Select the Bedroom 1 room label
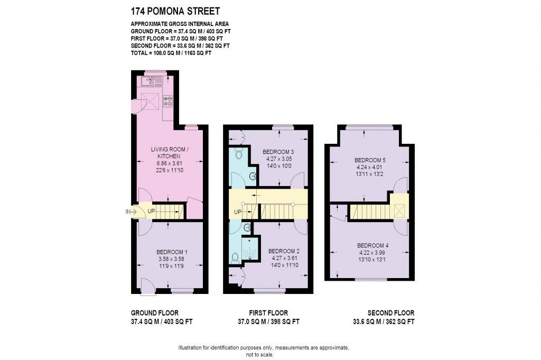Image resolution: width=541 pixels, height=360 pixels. pyautogui.click(x=171, y=252)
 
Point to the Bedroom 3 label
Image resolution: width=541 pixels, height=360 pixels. pyautogui.click(x=279, y=152)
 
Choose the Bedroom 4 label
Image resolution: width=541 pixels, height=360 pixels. pyautogui.click(x=373, y=245)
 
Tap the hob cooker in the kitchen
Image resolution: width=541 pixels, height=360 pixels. pyautogui.click(x=168, y=100)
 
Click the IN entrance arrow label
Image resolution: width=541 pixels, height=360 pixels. pyautogui.click(x=128, y=212)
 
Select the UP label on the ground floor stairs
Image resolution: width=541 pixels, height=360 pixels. pyautogui.click(x=151, y=211)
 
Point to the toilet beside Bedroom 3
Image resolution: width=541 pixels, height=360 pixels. pyautogui.click(x=239, y=154)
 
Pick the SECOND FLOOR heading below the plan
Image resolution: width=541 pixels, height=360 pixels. pyautogui.click(x=391, y=313)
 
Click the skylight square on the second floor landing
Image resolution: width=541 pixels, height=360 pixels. pyautogui.click(x=399, y=211)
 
